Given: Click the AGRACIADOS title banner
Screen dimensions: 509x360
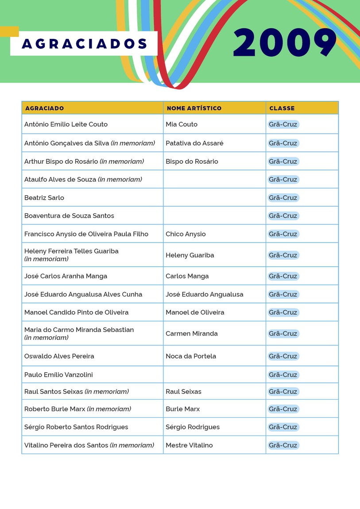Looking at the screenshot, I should tap(84, 43).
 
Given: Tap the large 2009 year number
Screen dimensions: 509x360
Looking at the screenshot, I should tap(285, 43).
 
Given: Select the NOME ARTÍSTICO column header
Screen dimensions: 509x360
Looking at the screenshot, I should tap(194, 108).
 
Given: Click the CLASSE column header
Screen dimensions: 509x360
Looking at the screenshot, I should tap(282, 108).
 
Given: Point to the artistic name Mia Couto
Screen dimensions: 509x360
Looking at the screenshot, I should tap(182, 124).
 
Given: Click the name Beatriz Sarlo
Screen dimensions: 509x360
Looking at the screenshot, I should tap(44, 198).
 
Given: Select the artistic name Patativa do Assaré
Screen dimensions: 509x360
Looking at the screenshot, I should tap(194, 143).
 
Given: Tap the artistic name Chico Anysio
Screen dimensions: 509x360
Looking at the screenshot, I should tap(186, 234).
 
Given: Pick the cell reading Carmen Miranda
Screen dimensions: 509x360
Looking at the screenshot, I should tap(192, 334).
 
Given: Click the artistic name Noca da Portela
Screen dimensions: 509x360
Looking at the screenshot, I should tap(191, 356).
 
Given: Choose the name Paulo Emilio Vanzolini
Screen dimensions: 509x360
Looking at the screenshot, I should tap(58, 375).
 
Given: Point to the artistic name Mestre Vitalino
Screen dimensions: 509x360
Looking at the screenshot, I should tap(189, 445).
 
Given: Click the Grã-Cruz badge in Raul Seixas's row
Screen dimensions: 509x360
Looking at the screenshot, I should tap(283, 392).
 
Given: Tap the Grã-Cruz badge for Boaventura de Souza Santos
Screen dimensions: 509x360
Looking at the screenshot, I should tap(283, 216).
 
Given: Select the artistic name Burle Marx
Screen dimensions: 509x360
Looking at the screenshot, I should tap(182, 409).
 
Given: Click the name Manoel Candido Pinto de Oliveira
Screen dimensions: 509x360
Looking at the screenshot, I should tap(76, 312).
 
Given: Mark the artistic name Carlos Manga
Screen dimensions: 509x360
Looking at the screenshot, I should tap(187, 276).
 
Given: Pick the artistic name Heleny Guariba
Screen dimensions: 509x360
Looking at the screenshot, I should tap(190, 255).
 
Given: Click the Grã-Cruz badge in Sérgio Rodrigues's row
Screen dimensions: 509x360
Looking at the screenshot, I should tap(283, 427).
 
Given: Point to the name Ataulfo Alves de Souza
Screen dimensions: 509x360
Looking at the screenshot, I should tap(60, 180).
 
